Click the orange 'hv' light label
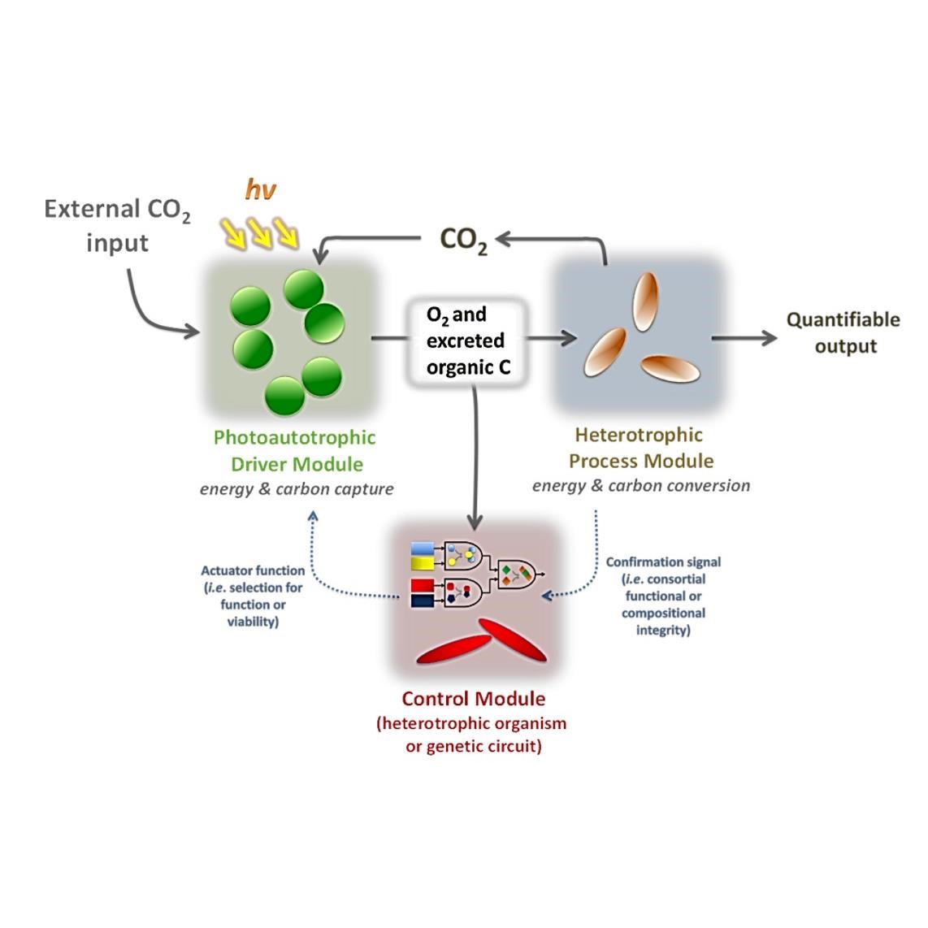click(260, 191)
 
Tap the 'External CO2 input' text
click(117, 225)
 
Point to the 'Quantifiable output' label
click(843, 332)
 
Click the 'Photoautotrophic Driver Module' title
click(294, 451)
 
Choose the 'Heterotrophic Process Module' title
click(640, 448)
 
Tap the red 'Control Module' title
click(474, 699)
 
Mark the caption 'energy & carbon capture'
click(297, 490)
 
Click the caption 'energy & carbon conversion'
click(641, 486)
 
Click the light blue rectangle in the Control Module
click(423, 548)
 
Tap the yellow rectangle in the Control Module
click(423, 562)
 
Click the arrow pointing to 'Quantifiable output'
click(744, 338)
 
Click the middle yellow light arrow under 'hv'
click(260, 235)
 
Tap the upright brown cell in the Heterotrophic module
click(644, 301)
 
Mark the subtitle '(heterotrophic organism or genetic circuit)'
click(472, 735)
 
